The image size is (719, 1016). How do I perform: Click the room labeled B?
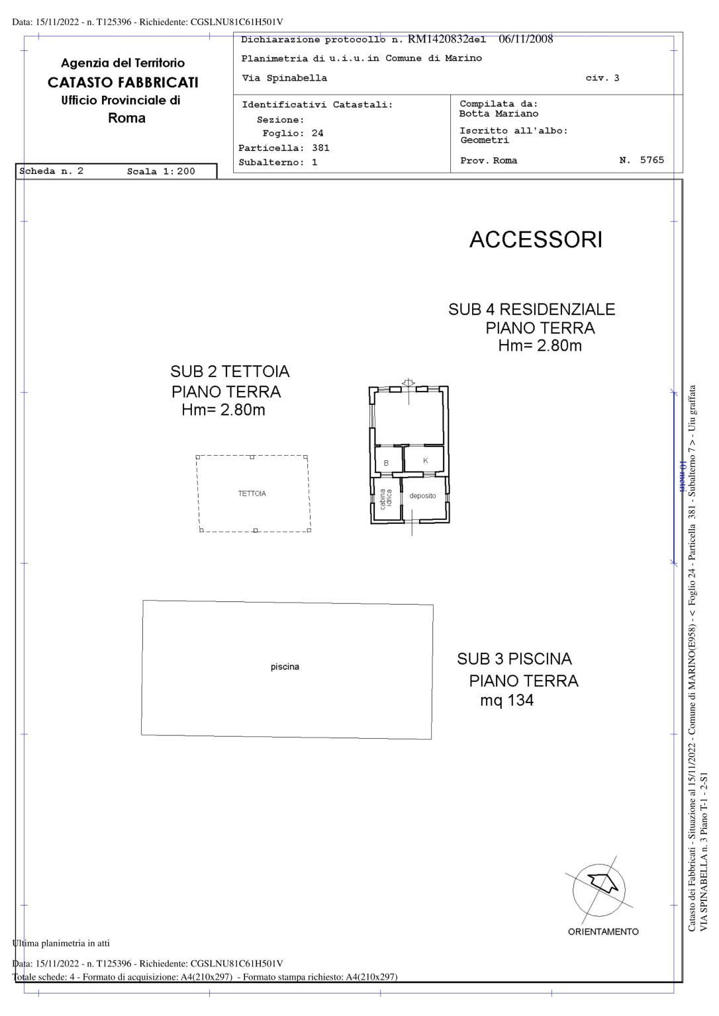[x=386, y=463]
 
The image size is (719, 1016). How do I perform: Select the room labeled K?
[x=425, y=460]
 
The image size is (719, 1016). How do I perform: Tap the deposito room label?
[x=422, y=495]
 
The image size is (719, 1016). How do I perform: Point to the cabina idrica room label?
[x=385, y=499]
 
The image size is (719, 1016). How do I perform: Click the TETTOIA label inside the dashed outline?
[x=252, y=493]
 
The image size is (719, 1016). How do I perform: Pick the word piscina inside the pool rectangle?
[x=285, y=667]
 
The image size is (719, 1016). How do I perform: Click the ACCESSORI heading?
[x=536, y=239]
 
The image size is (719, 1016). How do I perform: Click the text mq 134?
[x=506, y=700]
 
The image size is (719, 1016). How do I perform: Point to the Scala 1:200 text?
[x=161, y=171]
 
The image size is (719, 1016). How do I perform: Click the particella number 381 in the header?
[x=320, y=148]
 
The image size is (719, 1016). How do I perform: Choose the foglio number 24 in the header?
[x=317, y=134]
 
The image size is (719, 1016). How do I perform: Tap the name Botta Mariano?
[x=499, y=114]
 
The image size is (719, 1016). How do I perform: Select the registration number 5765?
[x=652, y=159]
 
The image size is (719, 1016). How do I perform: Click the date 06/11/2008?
[x=526, y=39]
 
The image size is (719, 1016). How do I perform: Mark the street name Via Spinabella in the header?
[x=284, y=78]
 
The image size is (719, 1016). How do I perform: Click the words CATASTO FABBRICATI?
[x=123, y=83]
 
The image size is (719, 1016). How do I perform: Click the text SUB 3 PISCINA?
[x=514, y=659]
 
